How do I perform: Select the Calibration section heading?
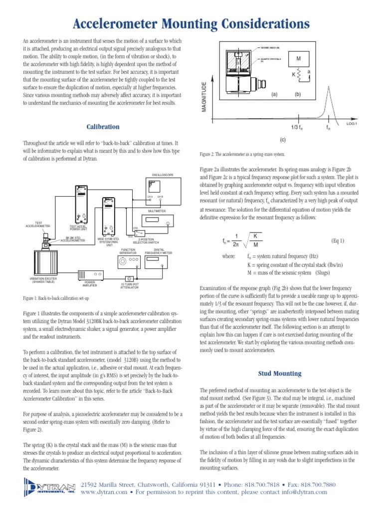(x=102, y=127)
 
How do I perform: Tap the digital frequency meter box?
(x=159, y=260)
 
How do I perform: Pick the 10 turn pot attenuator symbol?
(x=130, y=278)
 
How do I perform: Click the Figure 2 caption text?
(x=243, y=155)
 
